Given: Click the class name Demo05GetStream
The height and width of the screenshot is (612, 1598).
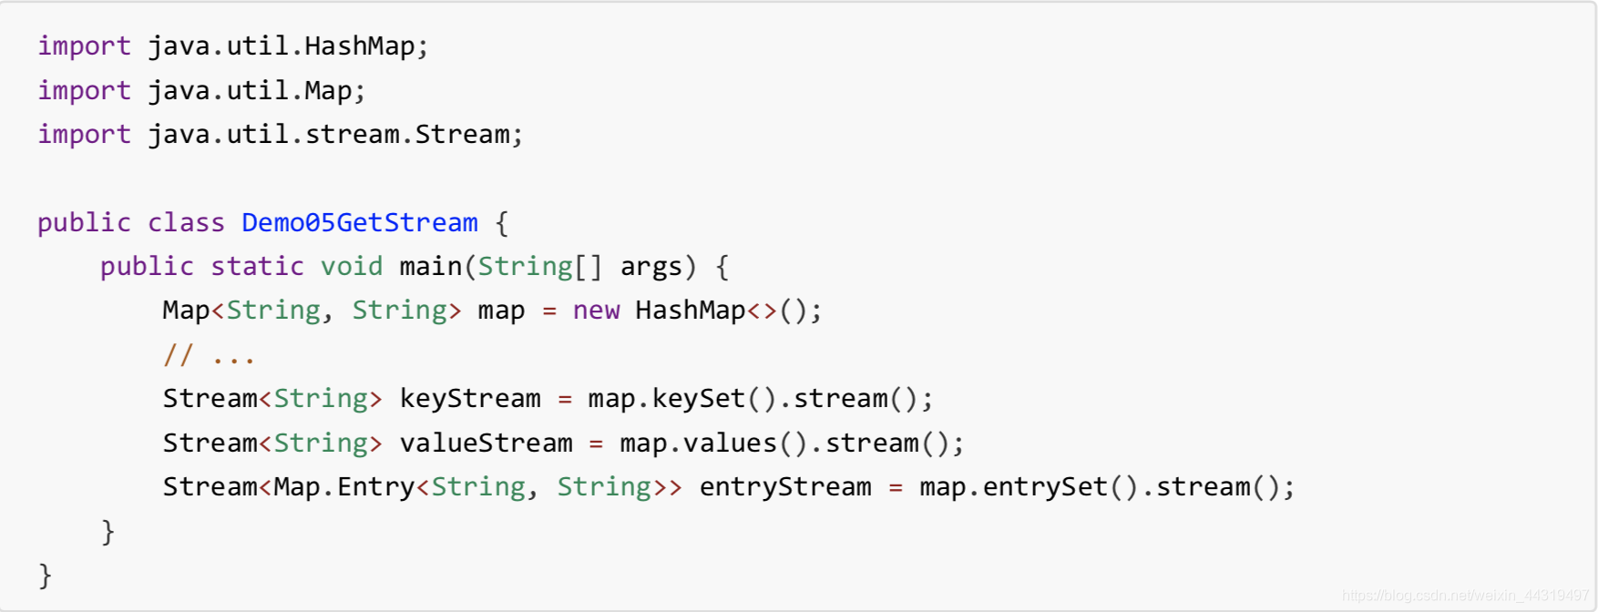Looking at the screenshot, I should (359, 223).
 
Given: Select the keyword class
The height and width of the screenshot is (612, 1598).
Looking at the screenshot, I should (186, 223).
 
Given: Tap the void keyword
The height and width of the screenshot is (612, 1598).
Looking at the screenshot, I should (352, 267).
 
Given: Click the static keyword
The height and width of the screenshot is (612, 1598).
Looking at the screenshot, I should (257, 267).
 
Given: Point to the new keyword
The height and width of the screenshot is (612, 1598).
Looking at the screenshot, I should (596, 311).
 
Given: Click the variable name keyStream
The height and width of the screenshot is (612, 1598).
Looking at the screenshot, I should (470, 399).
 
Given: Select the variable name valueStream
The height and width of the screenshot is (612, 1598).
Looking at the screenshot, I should (487, 444).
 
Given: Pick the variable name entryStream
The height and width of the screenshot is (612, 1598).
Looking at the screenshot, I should (785, 487).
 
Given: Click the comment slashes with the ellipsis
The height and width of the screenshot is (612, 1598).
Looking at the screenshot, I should (209, 355).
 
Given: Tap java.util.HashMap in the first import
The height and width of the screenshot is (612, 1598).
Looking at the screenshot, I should (282, 46).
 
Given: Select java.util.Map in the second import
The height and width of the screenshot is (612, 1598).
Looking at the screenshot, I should (250, 91).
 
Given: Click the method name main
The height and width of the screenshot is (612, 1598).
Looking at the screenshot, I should (431, 267).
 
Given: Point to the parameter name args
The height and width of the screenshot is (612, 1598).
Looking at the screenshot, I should (650, 267).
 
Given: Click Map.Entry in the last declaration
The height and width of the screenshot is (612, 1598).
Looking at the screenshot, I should (344, 487).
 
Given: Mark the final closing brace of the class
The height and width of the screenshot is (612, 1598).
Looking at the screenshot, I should (46, 576).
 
